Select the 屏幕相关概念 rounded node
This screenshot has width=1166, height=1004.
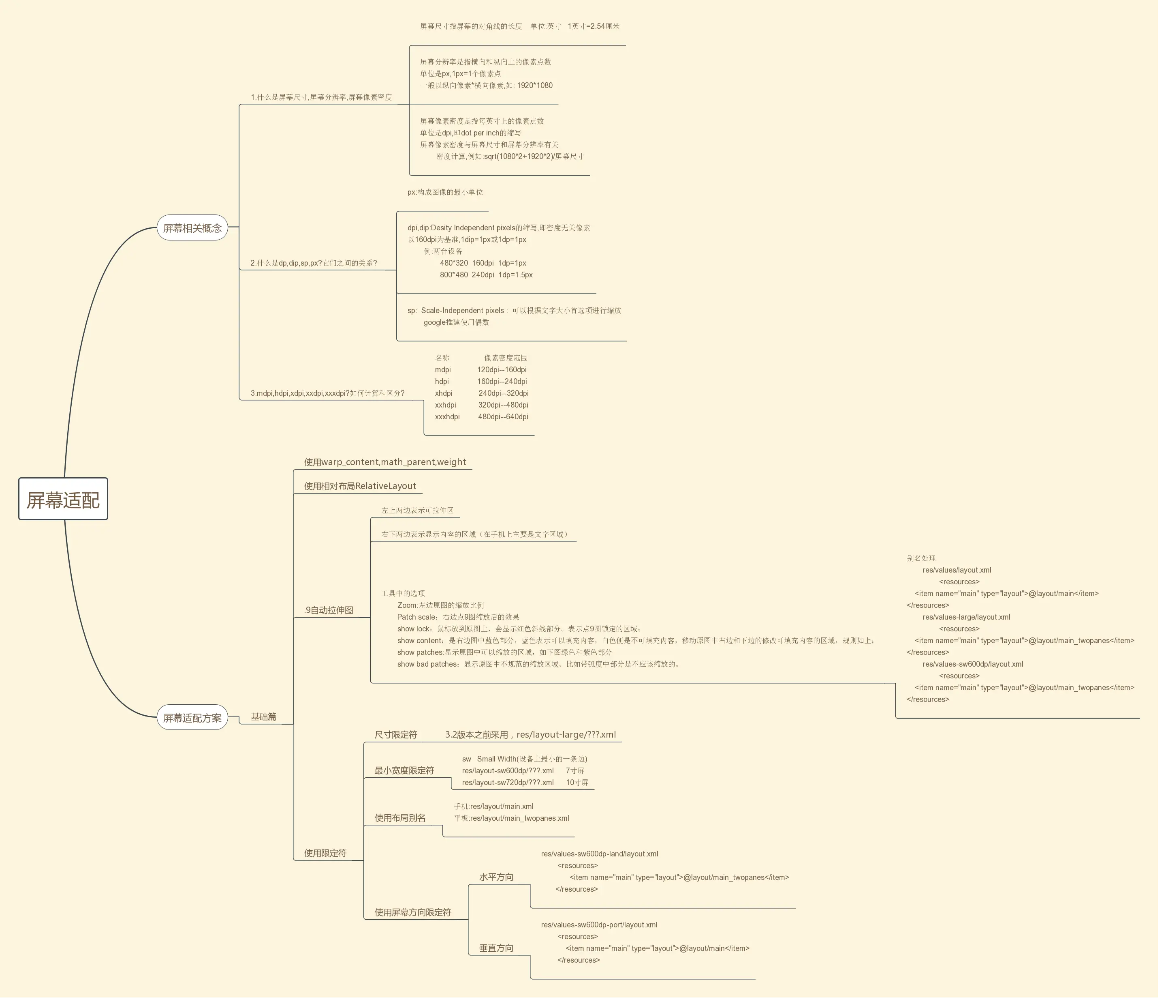click(x=192, y=228)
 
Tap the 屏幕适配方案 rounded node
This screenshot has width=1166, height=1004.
click(x=192, y=718)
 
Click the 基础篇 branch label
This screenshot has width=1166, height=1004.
click(x=263, y=717)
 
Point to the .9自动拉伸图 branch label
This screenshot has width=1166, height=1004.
click(x=329, y=610)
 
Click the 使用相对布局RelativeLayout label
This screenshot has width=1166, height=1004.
click(x=360, y=486)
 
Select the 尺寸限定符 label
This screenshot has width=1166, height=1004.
click(x=395, y=734)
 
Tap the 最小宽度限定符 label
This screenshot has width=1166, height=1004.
click(x=404, y=770)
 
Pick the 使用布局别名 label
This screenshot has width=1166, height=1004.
click(x=400, y=817)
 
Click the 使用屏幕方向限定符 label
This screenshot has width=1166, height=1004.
click(x=412, y=912)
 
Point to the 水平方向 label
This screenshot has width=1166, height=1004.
click(x=496, y=877)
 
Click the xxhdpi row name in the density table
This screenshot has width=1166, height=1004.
click(x=445, y=405)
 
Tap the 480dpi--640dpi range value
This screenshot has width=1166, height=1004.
click(x=503, y=417)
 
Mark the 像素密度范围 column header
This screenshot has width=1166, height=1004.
click(x=506, y=358)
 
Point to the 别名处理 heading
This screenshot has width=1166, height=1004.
click(x=921, y=558)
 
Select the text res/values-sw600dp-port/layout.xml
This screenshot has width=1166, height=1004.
click(x=599, y=925)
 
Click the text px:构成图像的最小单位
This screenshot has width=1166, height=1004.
click(x=445, y=192)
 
